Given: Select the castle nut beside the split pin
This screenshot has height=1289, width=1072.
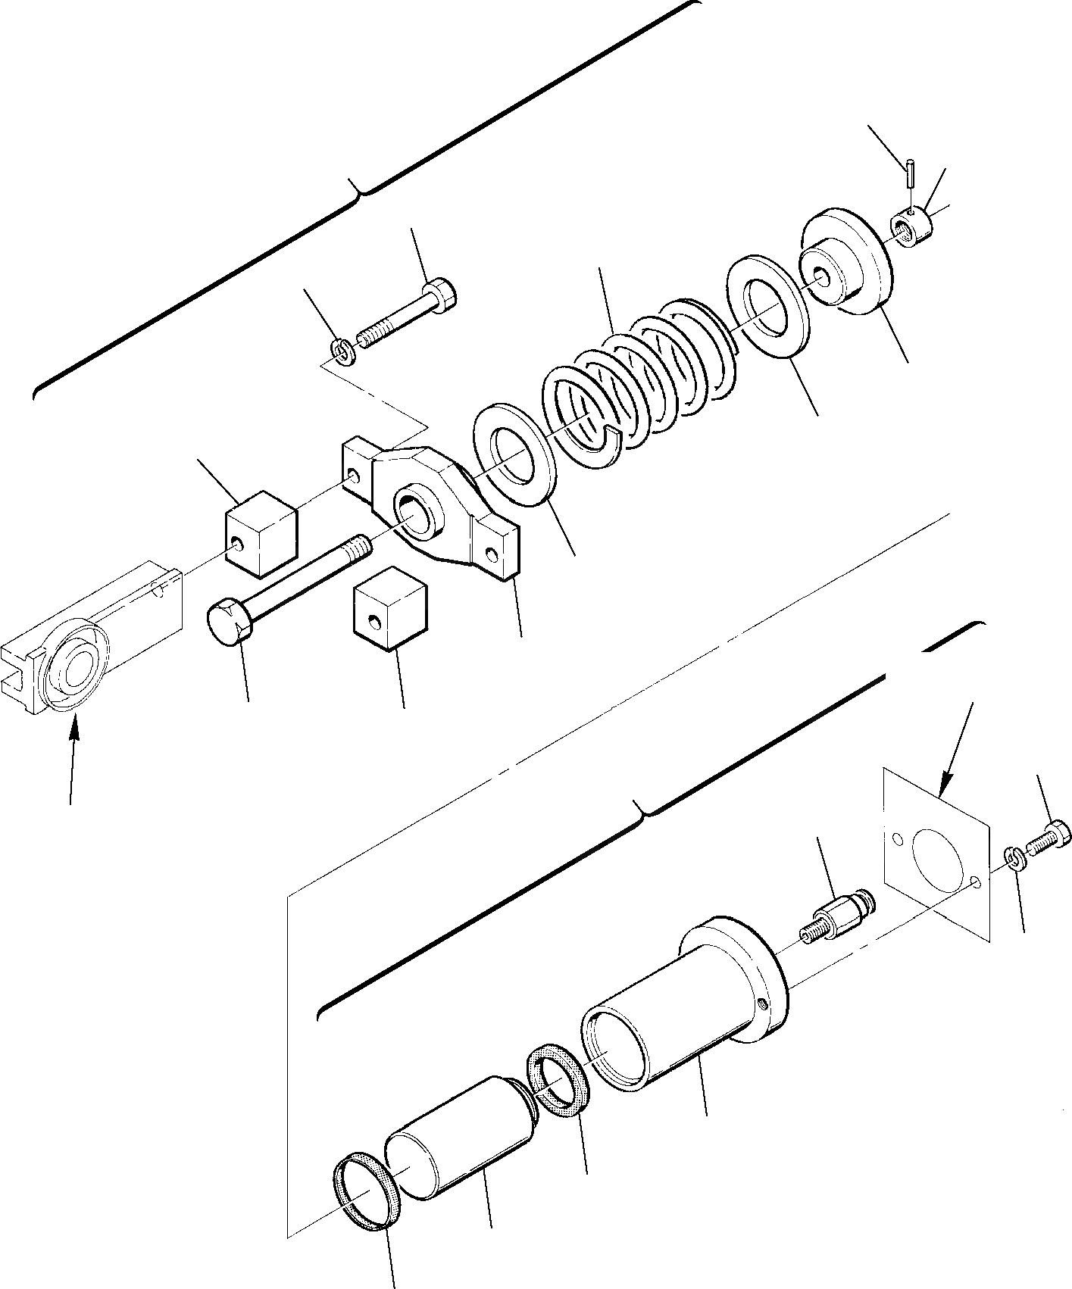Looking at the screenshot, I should point(912,224).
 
